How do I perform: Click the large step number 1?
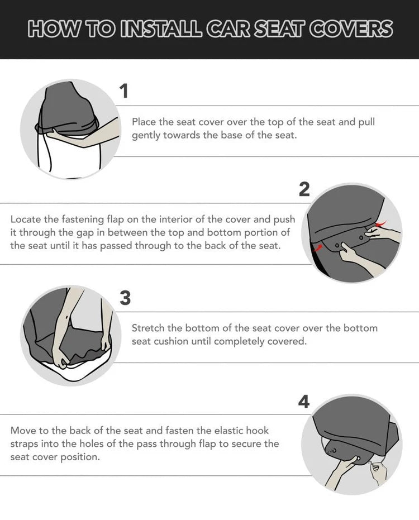click(124, 90)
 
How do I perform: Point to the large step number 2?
click(304, 190)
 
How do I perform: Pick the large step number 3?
click(125, 298)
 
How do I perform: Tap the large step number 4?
click(303, 402)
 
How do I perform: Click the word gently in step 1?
click(146, 136)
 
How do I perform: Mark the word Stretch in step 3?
click(148, 328)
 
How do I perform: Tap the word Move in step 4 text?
click(22, 431)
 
